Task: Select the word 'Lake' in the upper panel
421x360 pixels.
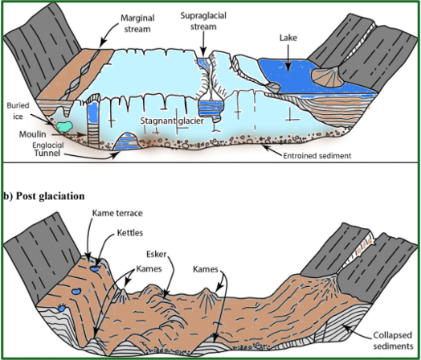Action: tap(288, 38)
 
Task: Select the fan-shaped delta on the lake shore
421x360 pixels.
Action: tap(329, 77)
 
